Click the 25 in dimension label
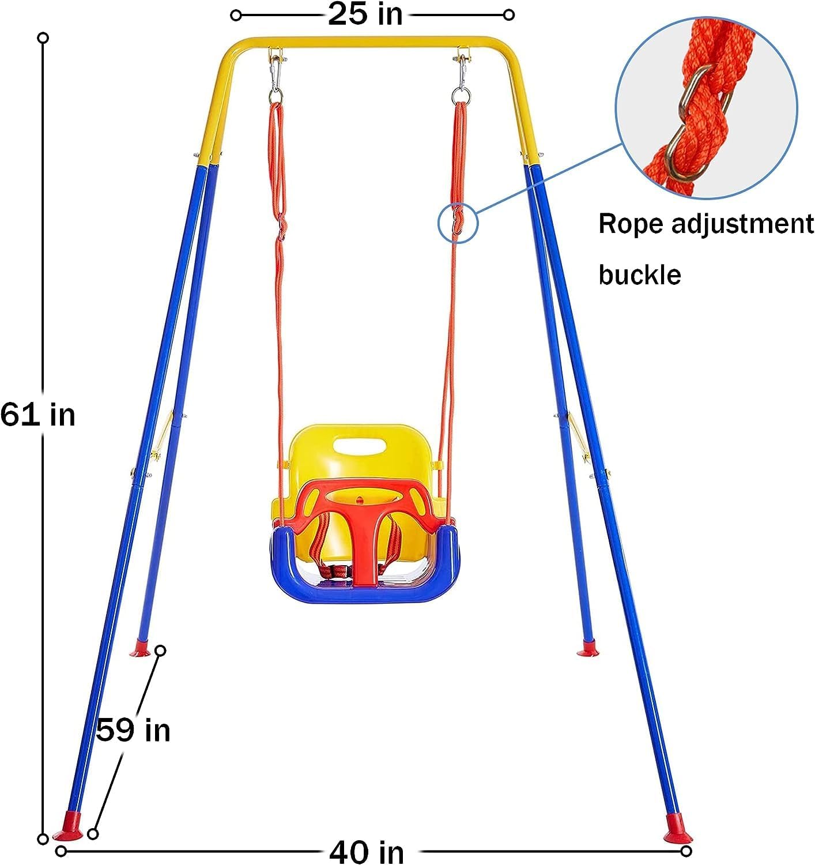[x=365, y=14]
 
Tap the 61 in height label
[x=37, y=415]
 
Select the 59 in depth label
[x=133, y=730]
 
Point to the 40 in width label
[x=367, y=851]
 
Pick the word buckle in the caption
[x=639, y=274]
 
